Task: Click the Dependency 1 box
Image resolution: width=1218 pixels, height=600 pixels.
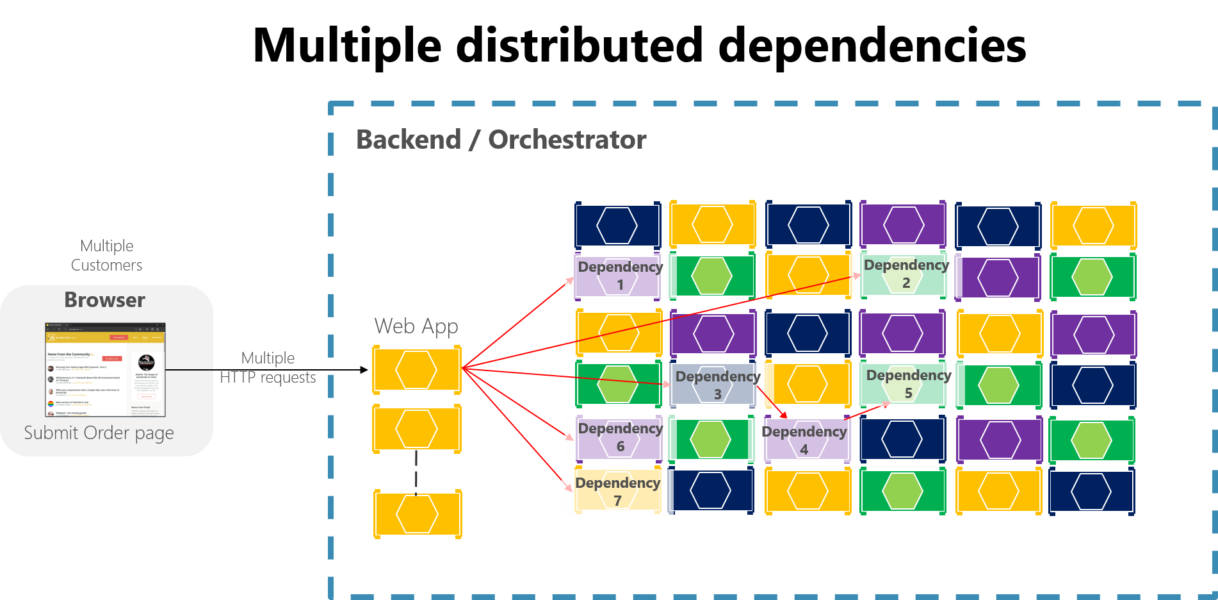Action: pos(619,276)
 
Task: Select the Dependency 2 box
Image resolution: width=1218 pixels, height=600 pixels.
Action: pos(904,274)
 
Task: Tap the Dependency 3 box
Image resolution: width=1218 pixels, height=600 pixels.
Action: pos(715,385)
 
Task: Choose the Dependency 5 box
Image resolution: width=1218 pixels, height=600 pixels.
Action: pos(904,384)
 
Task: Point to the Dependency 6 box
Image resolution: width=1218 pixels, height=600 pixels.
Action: pos(619,437)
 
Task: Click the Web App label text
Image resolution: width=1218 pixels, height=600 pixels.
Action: pos(416,326)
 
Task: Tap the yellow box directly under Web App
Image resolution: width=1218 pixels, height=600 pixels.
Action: pos(417,369)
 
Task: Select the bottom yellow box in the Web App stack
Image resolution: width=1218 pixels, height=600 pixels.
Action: pos(418,513)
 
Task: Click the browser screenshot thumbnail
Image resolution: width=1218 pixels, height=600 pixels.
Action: pos(105,370)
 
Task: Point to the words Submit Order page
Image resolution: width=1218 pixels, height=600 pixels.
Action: pos(99,433)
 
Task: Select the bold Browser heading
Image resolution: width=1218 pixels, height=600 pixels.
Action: pos(104,300)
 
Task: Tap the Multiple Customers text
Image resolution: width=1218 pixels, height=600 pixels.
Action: pos(107,256)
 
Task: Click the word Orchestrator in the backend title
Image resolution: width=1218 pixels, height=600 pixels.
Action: pos(567,140)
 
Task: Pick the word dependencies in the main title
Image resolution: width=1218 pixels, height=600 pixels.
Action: pos(872,46)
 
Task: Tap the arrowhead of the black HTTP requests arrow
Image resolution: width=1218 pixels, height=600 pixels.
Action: pos(364,370)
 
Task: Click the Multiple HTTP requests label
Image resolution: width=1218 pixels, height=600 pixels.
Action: pos(268,368)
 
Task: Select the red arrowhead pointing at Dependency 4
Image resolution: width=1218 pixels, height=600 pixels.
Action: pos(783,415)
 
